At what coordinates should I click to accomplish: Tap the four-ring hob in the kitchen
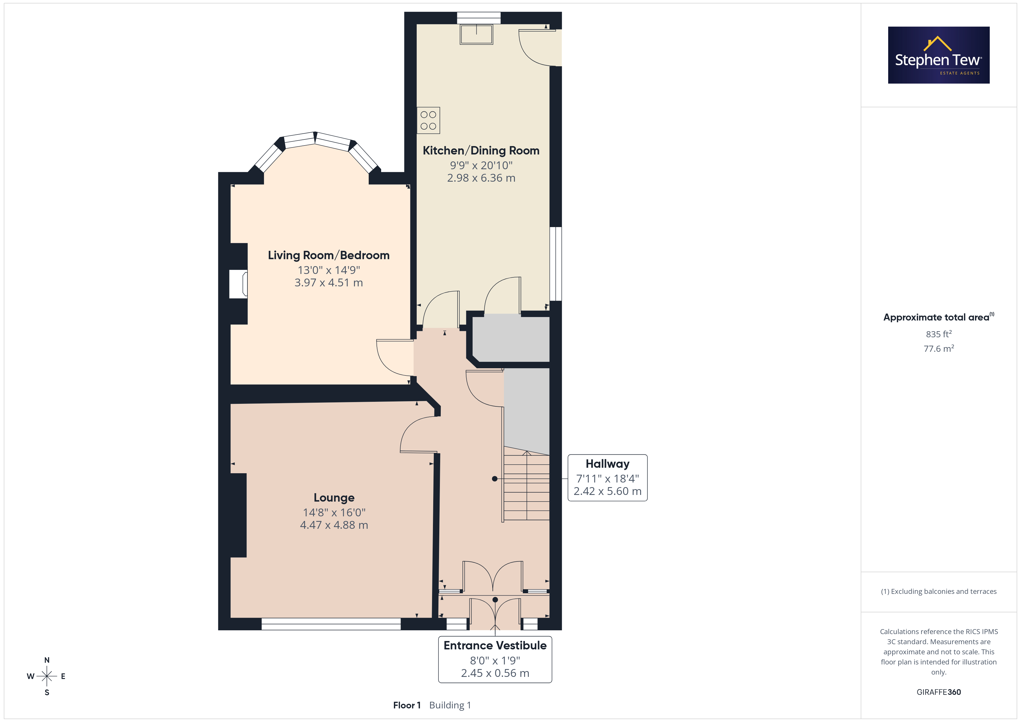click(x=428, y=121)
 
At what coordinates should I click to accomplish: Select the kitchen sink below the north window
click(x=476, y=34)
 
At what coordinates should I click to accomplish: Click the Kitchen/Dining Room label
click(x=481, y=151)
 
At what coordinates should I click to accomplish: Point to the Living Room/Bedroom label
click(x=329, y=255)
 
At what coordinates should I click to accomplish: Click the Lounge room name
click(x=334, y=498)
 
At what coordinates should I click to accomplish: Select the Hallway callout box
click(x=607, y=478)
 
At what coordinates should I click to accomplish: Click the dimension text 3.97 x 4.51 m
click(x=329, y=283)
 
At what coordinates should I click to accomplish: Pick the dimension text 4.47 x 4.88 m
click(x=334, y=525)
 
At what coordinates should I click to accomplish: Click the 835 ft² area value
click(x=939, y=334)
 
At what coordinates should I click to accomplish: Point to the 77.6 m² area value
click(x=939, y=349)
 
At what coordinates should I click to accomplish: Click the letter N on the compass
click(x=47, y=660)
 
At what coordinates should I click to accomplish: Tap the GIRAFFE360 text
click(x=939, y=692)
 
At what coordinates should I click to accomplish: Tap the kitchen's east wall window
click(x=556, y=264)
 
